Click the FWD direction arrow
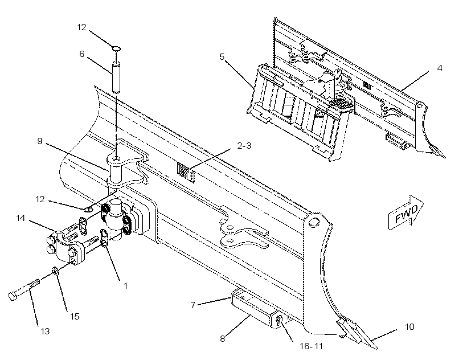click(406, 212)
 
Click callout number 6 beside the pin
click(81, 54)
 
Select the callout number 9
click(40, 141)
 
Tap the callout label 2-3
click(244, 146)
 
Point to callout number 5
click(222, 56)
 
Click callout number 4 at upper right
click(440, 68)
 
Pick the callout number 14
click(21, 218)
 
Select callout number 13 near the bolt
click(45, 331)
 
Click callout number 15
click(75, 316)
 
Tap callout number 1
click(126, 286)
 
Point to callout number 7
click(193, 305)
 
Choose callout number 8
click(223, 339)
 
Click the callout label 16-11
click(311, 346)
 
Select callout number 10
click(409, 327)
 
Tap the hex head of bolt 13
click(13, 296)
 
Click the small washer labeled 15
click(55, 270)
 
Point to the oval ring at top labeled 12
click(116, 48)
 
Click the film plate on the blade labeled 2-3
click(186, 172)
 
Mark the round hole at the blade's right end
click(313, 222)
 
